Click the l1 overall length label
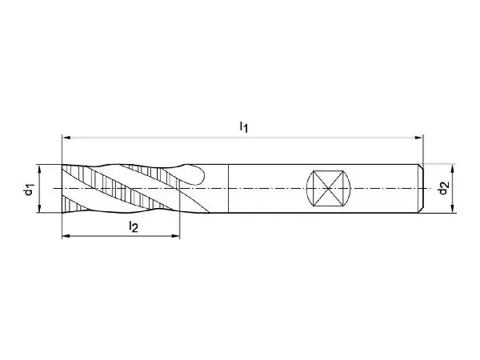pyautogui.click(x=244, y=126)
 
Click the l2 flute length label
pyautogui.click(x=134, y=226)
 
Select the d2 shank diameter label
pyautogui.click(x=443, y=188)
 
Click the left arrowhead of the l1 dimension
pyautogui.click(x=66, y=138)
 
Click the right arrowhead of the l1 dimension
pyautogui.click(x=418, y=138)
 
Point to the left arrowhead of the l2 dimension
pyautogui.click(x=66, y=236)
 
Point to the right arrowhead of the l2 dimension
pyautogui.click(x=175, y=236)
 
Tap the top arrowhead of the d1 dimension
pyautogui.click(x=39, y=169)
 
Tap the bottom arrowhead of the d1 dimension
pyautogui.click(x=39, y=208)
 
